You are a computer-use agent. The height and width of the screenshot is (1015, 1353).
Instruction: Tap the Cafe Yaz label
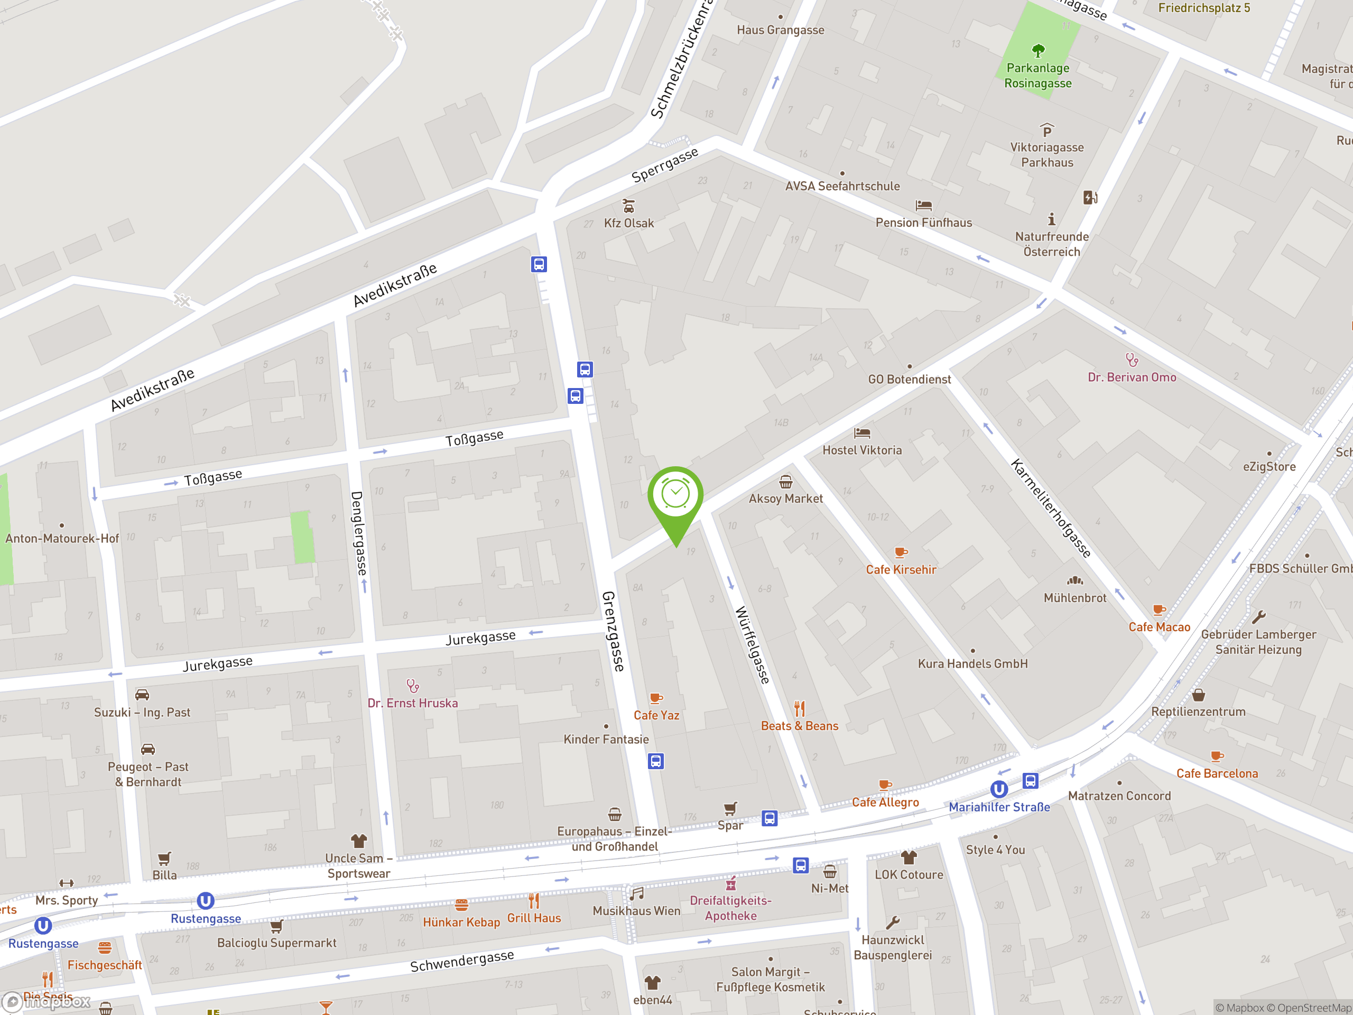[656, 715]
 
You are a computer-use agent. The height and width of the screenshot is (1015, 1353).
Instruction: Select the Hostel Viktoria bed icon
[862, 433]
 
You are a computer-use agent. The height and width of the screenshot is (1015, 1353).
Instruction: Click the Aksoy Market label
[785, 499]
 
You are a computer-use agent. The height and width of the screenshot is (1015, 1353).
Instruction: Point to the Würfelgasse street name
[752, 644]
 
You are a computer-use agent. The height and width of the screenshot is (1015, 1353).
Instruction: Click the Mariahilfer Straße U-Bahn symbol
[999, 789]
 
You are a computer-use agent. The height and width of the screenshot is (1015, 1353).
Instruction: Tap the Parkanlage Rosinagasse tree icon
[1038, 50]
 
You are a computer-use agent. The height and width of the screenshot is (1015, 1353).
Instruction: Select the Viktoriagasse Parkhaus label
[1046, 155]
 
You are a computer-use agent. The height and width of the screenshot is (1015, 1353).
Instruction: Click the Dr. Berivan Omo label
[1132, 377]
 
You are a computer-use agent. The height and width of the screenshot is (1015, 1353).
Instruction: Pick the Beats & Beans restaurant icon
[800, 708]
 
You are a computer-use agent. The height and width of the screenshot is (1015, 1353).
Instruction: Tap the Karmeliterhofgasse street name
[1050, 508]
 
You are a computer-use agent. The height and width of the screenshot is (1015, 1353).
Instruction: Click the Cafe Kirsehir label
[901, 569]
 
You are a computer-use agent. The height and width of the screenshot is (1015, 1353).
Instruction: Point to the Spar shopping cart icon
[730, 809]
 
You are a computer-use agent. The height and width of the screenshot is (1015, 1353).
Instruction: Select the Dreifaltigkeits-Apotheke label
[730, 908]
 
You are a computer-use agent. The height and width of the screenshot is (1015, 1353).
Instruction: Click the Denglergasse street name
[360, 533]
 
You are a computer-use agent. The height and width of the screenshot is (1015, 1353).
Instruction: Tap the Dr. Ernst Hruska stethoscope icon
[413, 686]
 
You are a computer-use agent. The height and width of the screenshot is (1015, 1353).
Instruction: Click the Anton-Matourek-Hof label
[62, 538]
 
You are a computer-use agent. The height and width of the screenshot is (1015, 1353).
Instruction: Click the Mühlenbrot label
[1074, 598]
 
